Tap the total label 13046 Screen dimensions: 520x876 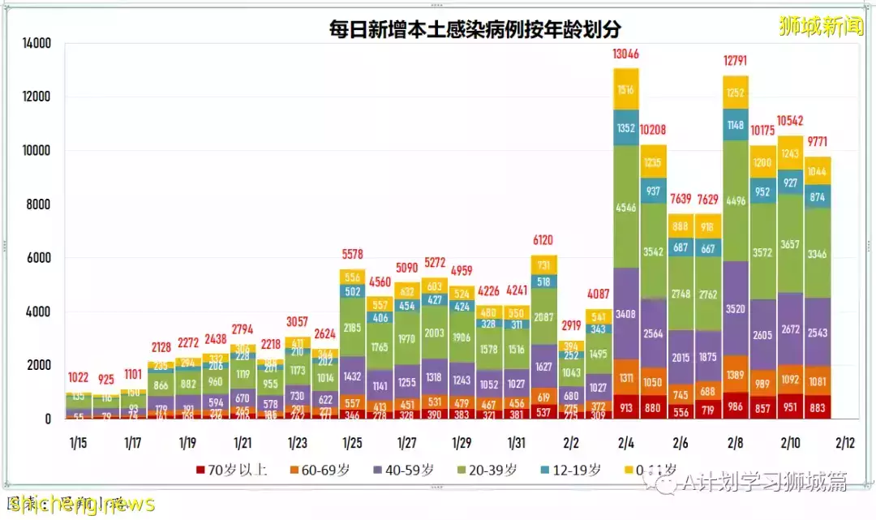coord(625,54)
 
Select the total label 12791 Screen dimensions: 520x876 coord(735,59)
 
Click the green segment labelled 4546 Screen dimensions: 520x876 coord(625,206)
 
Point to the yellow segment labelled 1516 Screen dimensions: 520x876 coord(625,89)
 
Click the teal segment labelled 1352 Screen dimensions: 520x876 coord(625,127)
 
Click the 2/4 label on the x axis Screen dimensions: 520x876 coord(625,443)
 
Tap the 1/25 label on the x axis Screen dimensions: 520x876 coord(352,443)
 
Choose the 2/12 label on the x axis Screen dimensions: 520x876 coord(844,443)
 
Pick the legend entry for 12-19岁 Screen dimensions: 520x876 coord(573,470)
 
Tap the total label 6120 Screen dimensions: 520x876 coord(543,241)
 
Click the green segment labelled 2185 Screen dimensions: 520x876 coord(352,328)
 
